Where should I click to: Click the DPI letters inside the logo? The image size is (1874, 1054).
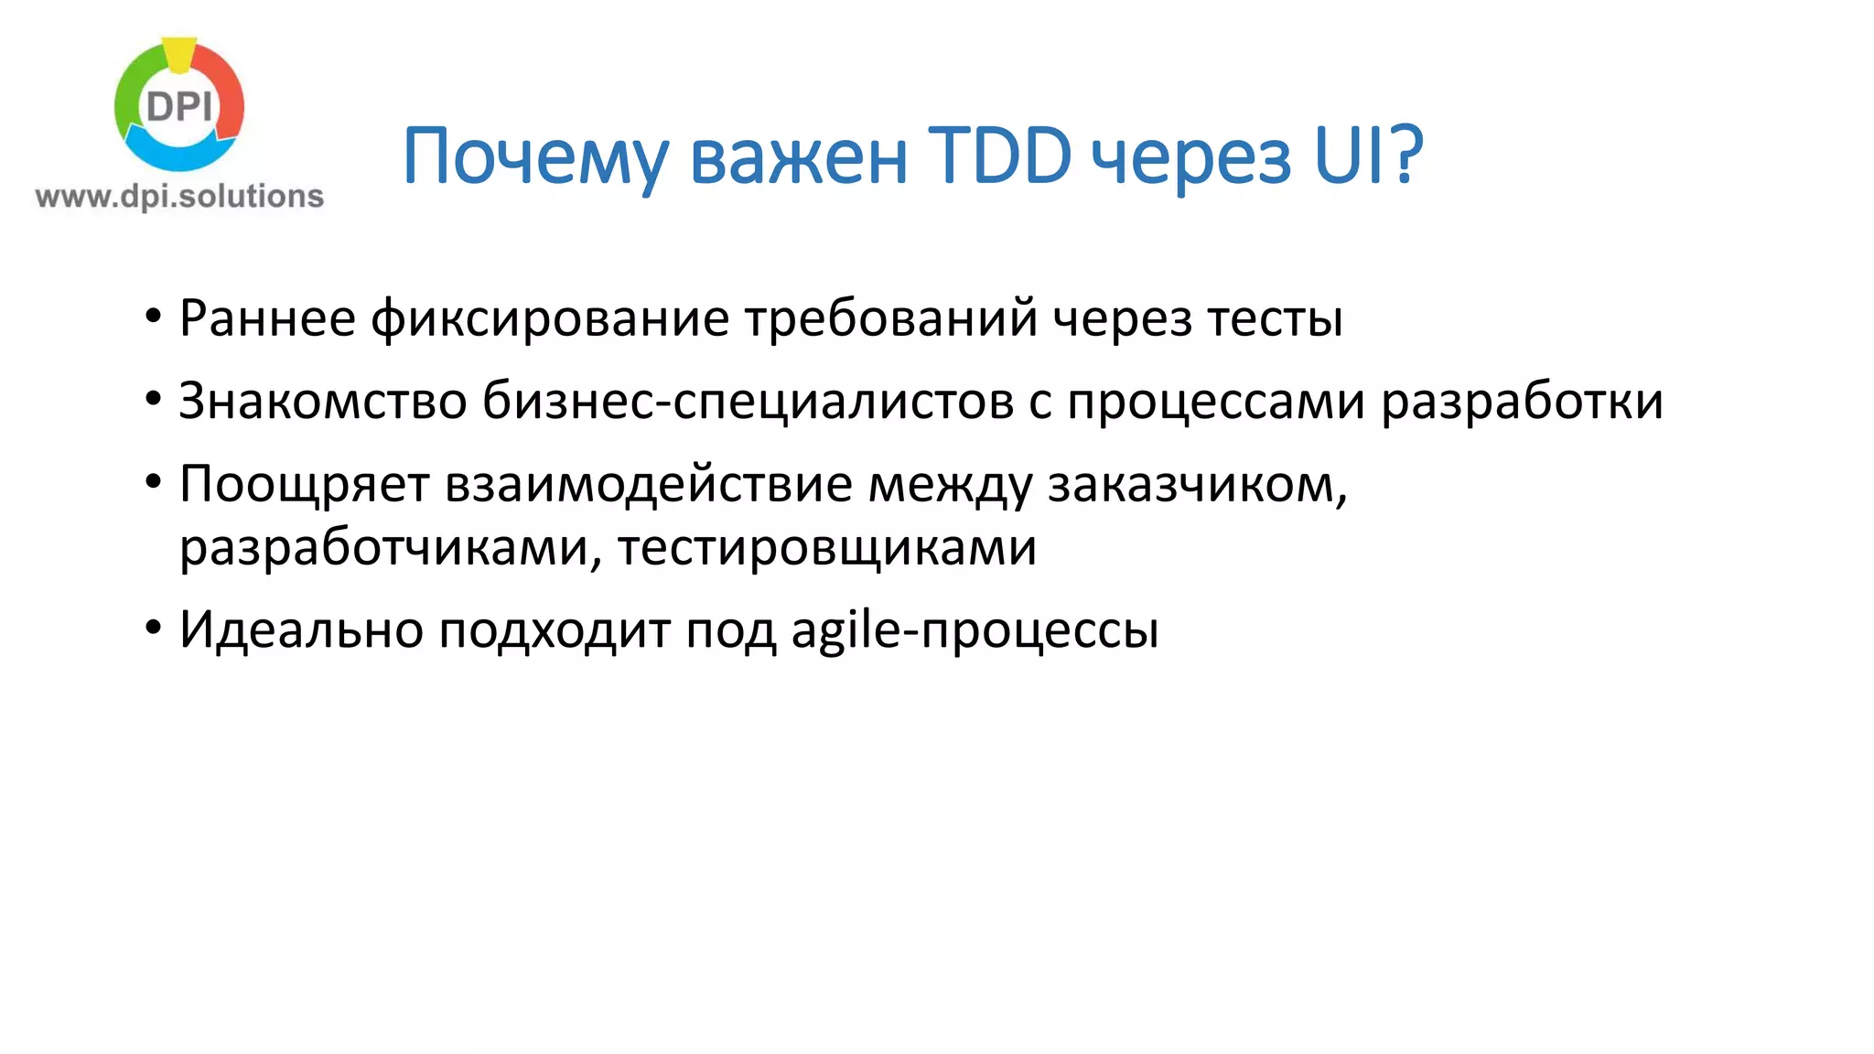coord(179,107)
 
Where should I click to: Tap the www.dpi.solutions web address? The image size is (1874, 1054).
coord(179,196)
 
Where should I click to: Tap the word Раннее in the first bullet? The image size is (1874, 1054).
coord(267,318)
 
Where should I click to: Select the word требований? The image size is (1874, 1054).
coord(890,318)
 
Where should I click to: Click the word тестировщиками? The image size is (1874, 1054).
coord(827,547)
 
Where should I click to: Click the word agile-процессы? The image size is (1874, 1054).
coord(975,629)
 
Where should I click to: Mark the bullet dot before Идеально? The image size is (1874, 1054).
coord(153,629)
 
